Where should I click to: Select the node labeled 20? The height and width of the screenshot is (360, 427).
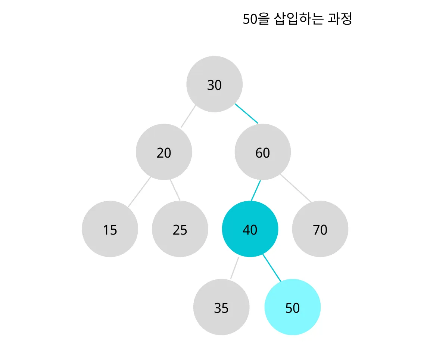pyautogui.click(x=164, y=152)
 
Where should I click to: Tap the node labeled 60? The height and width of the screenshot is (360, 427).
pyautogui.click(x=263, y=152)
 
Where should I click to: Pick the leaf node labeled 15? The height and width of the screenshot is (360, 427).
pyautogui.click(x=110, y=229)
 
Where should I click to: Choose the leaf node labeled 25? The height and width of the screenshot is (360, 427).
pyautogui.click(x=180, y=229)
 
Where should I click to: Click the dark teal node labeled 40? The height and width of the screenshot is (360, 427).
pyautogui.click(x=250, y=229)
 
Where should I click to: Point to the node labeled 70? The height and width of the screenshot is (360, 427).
pyautogui.click(x=320, y=229)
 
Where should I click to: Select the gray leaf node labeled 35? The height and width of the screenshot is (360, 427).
pyautogui.click(x=221, y=307)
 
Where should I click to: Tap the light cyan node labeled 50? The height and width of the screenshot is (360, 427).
pyautogui.click(x=293, y=307)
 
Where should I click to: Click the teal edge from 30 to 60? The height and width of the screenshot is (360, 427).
pyautogui.click(x=246, y=113)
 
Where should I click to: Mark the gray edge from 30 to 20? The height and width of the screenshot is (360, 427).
pyautogui.click(x=188, y=117)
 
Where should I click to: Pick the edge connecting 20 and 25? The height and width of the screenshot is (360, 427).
pyautogui.click(x=175, y=190)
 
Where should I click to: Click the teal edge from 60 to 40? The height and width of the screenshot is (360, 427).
pyautogui.click(x=256, y=190)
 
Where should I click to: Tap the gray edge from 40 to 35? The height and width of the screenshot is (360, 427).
pyautogui.click(x=234, y=268)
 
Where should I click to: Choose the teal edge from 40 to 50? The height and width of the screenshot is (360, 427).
pyautogui.click(x=272, y=267)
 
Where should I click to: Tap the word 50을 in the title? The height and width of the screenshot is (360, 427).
pyautogui.click(x=256, y=19)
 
